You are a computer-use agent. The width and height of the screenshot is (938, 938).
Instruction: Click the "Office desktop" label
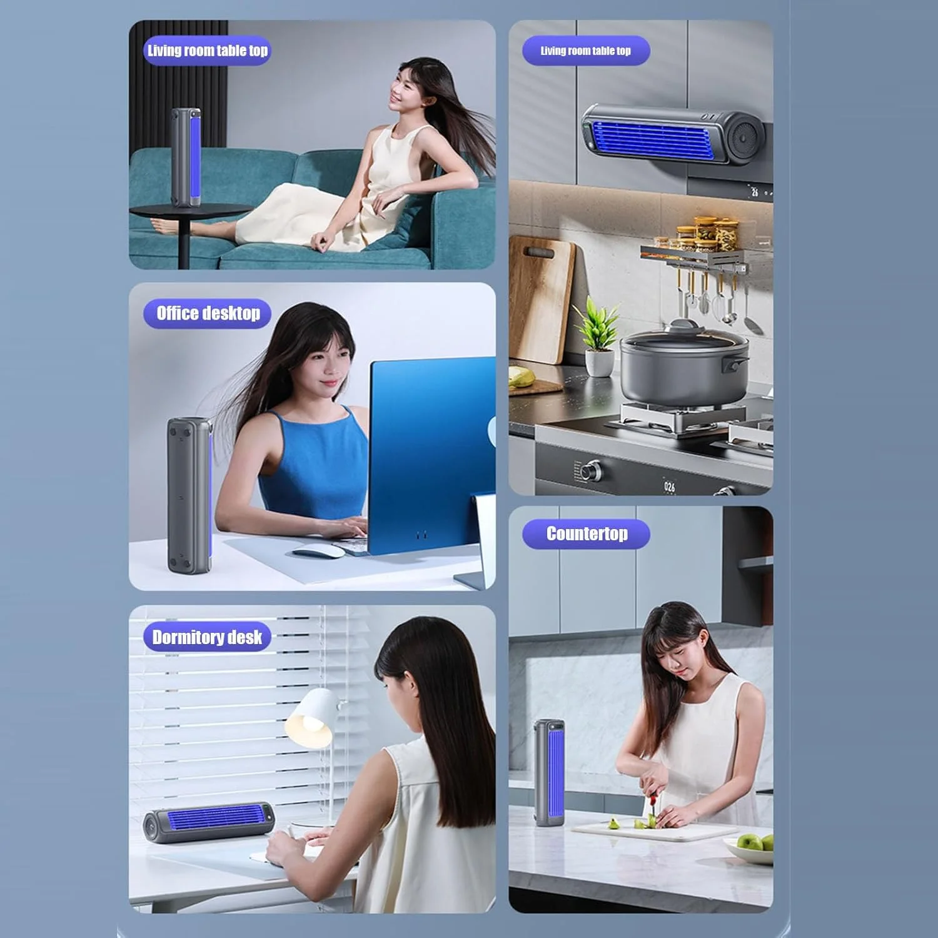(208, 313)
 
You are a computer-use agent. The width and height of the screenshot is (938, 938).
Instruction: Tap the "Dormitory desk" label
(207, 637)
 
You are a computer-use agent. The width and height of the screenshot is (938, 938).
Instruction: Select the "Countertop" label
(587, 534)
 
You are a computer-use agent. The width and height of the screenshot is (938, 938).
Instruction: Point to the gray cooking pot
(685, 366)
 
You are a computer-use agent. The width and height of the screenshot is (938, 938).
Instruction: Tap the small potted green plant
(598, 338)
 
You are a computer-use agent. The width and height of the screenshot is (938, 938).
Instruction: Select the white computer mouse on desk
(318, 550)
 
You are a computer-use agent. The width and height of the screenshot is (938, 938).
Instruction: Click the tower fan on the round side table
(186, 158)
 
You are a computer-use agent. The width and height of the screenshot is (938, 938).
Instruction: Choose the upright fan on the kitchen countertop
(550, 772)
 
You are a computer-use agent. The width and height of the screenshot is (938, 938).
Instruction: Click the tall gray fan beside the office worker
(189, 495)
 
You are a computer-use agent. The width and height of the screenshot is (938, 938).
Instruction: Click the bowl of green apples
(750, 847)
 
